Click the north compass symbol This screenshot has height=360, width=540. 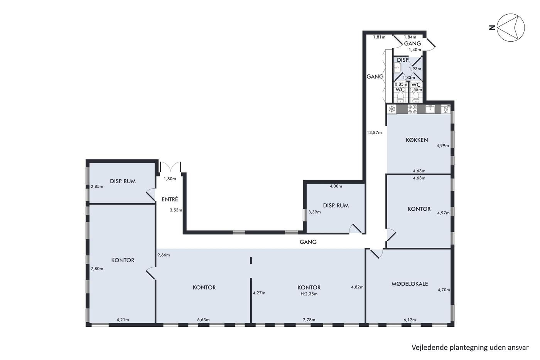click(x=511, y=27)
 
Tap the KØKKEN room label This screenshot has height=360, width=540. click(x=417, y=140)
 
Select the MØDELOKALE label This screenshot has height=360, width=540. click(x=410, y=284)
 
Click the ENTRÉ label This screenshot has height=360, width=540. click(x=170, y=199)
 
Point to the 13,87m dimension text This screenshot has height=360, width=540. click(x=375, y=132)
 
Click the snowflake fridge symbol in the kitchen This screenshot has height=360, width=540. click(x=392, y=109)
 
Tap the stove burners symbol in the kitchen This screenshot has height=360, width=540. click(x=412, y=109)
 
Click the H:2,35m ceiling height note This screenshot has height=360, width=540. click(x=309, y=294)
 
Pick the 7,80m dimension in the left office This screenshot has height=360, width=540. click(x=97, y=269)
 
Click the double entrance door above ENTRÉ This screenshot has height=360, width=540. click(x=170, y=167)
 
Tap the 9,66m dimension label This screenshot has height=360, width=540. click(x=164, y=255)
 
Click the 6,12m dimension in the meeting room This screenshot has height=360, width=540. click(x=410, y=320)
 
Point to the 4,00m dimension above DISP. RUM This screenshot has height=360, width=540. click(x=336, y=186)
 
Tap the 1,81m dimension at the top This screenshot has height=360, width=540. click(x=379, y=37)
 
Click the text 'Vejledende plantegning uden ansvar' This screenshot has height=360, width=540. click(x=470, y=348)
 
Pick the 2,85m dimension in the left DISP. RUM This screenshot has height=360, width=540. click(x=97, y=186)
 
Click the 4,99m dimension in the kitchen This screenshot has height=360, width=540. click(x=443, y=145)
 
